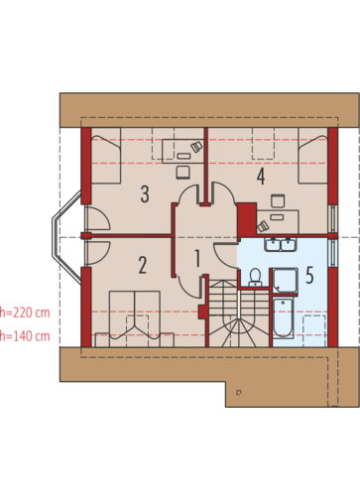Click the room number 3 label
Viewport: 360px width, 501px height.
(x=145, y=194)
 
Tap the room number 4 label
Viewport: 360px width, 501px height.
(x=261, y=177)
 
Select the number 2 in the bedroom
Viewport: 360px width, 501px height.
(x=143, y=265)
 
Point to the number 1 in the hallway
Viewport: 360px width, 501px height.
(x=197, y=259)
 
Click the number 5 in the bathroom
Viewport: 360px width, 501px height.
(x=309, y=275)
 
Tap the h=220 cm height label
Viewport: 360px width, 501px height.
(x=25, y=313)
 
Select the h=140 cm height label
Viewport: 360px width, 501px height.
(x=25, y=336)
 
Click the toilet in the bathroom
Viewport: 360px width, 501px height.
(x=255, y=277)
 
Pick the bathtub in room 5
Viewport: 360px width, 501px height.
(x=283, y=318)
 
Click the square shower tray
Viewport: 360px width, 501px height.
(x=285, y=281)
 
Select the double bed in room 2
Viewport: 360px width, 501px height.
(x=135, y=318)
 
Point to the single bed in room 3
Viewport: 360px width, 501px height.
(x=106, y=156)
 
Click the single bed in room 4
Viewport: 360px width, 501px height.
(x=313, y=156)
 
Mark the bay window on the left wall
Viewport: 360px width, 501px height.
(x=66, y=237)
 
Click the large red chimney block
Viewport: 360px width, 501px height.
(x=247, y=219)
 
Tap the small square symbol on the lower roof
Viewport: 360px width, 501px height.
(x=239, y=392)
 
